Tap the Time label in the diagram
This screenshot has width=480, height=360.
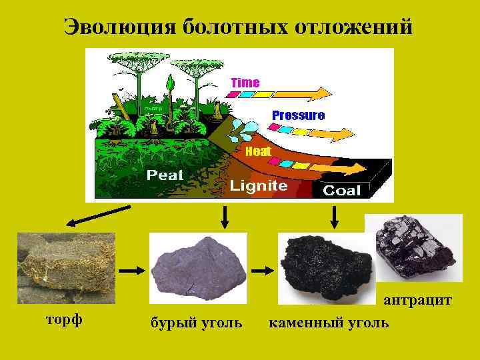pyautogui.click(x=245, y=82)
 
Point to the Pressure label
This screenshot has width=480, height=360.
pyautogui.click(x=298, y=115)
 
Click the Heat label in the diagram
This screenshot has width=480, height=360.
pyautogui.click(x=258, y=151)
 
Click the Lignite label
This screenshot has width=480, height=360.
pyautogui.click(x=259, y=186)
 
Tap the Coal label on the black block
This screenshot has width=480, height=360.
pyautogui.click(x=341, y=191)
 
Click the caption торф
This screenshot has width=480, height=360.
pyautogui.click(x=63, y=319)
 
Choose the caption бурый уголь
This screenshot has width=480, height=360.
pyautogui.click(x=196, y=323)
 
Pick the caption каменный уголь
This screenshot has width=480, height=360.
pyautogui.click(x=328, y=323)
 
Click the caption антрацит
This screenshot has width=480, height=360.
pyautogui.click(x=417, y=301)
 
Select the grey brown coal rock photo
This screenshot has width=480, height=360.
pyautogui.click(x=198, y=267)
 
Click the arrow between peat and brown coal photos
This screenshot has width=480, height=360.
pyautogui.click(x=131, y=271)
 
